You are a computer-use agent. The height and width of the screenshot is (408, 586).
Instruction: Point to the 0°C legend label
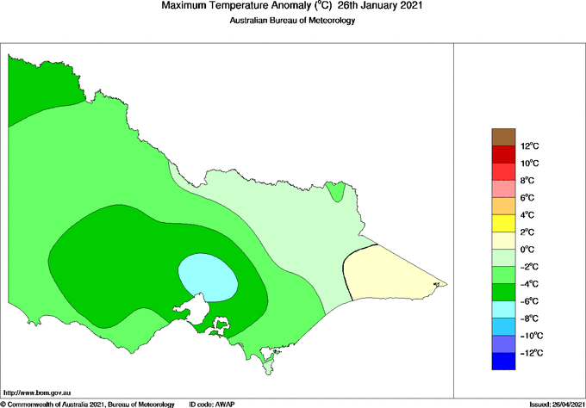pyautogui.click(x=529, y=250)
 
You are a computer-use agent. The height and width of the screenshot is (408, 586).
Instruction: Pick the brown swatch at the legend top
pyautogui.click(x=502, y=136)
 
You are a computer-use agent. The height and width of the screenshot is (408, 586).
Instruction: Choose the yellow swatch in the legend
pyautogui.click(x=502, y=223)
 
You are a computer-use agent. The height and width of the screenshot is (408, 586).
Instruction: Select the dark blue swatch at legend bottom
pyautogui.click(x=502, y=362)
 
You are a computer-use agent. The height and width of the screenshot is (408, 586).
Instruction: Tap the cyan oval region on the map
pyautogui.click(x=208, y=277)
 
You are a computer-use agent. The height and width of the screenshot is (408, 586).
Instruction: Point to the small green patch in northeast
pyautogui.click(x=338, y=191)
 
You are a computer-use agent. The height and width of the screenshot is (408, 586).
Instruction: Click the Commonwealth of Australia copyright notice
pyautogui.click(x=86, y=403)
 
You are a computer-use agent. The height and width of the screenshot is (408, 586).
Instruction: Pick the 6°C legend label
pyautogui.click(x=529, y=198)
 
